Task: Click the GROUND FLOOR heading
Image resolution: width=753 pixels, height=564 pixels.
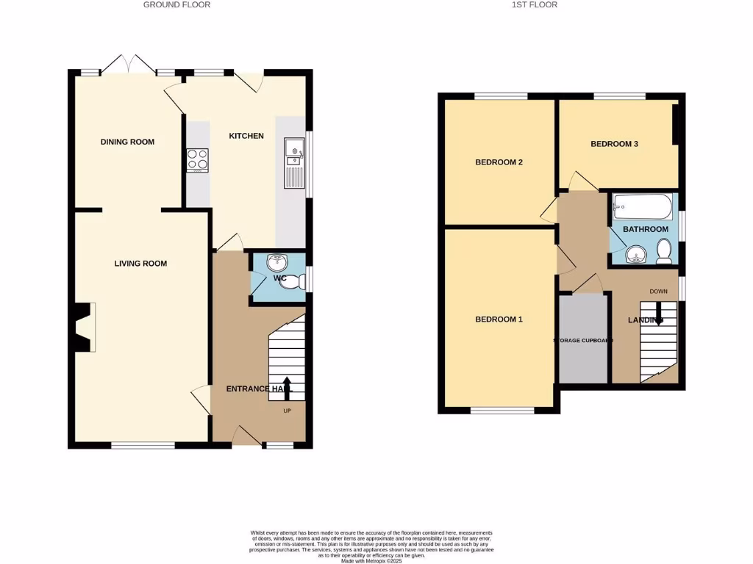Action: [x=176, y=4]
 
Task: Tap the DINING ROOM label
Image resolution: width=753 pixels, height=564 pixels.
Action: [x=127, y=142]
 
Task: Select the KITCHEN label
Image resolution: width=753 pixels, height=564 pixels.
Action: [x=246, y=136]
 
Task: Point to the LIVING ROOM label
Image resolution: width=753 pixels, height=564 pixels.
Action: [x=140, y=264]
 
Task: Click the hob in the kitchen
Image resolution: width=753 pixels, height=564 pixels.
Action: [x=198, y=159]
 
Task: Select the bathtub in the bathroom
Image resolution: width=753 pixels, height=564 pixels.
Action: [x=643, y=208]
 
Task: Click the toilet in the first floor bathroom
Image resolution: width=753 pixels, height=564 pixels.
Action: [x=664, y=253]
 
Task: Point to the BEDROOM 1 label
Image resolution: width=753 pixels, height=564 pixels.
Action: [x=499, y=319]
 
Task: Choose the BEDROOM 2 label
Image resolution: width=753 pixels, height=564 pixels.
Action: [x=499, y=162]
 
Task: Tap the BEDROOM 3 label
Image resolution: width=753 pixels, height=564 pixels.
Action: [x=614, y=144]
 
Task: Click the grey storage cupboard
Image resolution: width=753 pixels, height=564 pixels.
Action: [x=584, y=339]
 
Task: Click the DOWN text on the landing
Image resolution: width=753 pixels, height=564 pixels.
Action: [x=658, y=292]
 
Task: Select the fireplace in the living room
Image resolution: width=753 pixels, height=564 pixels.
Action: [x=83, y=327]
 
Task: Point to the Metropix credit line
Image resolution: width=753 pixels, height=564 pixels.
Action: [x=371, y=561]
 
